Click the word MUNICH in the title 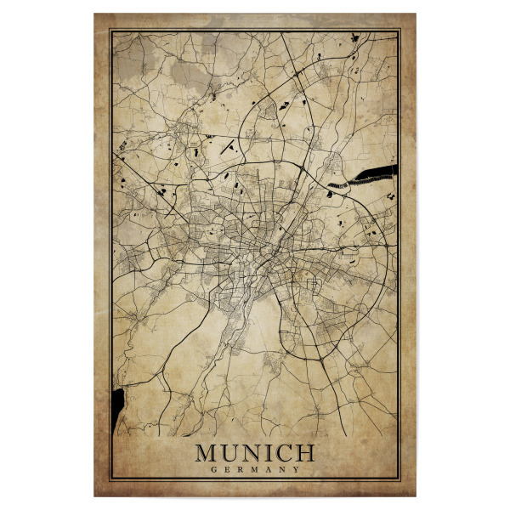click(255, 452)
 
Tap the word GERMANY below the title click(255, 469)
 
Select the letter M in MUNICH click(208, 452)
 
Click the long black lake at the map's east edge click(374, 175)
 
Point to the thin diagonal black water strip click(228, 146)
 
